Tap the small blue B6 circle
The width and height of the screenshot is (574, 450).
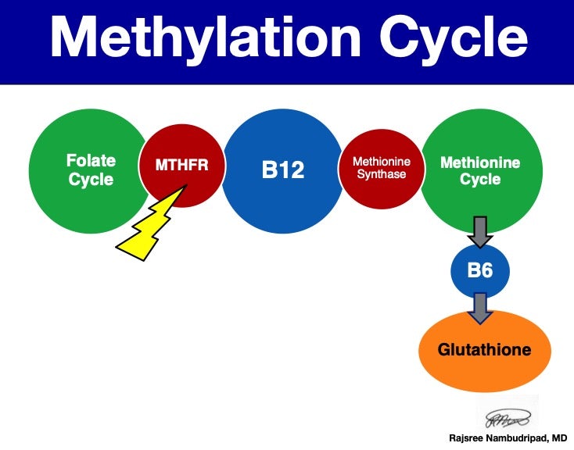point(480,272)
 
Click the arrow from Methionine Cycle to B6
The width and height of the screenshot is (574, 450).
point(480,230)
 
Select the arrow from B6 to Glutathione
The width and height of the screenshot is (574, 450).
point(480,308)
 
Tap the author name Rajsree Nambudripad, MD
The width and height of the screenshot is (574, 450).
point(508,437)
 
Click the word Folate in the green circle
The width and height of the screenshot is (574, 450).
point(91,161)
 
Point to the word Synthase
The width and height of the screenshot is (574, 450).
point(382,174)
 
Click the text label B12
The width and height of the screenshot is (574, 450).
point(282,170)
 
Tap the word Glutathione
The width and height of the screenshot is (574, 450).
point(485,349)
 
